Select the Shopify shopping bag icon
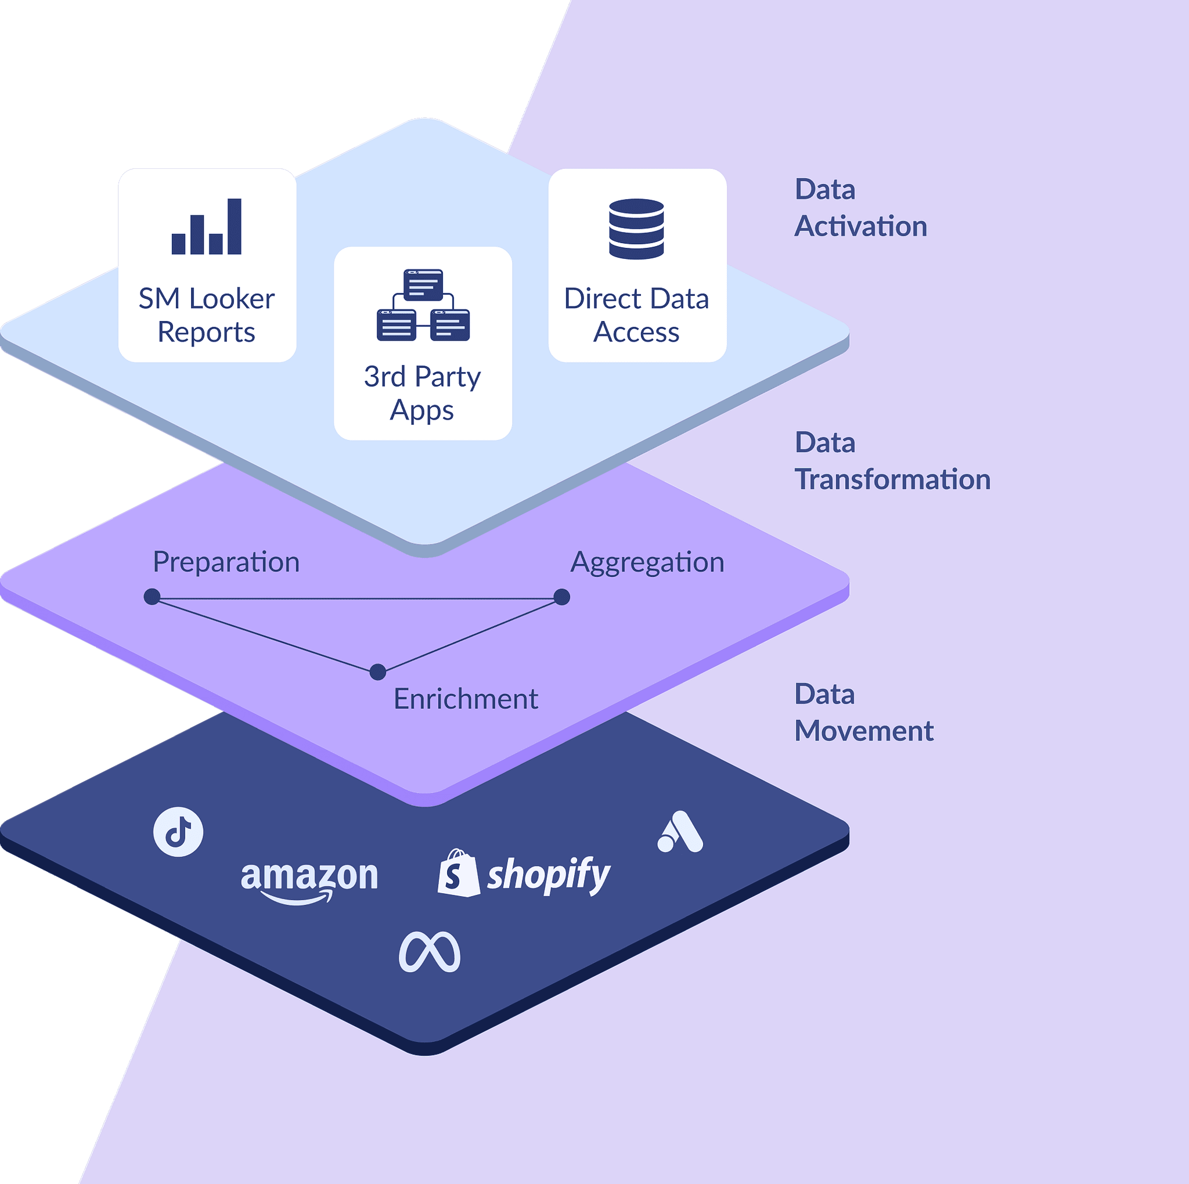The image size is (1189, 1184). point(459,873)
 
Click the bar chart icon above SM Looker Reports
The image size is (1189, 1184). point(207,226)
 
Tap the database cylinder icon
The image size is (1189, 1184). point(636,228)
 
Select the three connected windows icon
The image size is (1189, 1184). point(423,305)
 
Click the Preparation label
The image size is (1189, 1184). point(226,562)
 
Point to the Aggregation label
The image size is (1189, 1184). point(647,562)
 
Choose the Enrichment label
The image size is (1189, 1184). point(465,699)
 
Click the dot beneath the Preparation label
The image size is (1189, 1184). point(152,597)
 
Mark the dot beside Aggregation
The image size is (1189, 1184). point(561,597)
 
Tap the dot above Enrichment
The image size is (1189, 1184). point(378,672)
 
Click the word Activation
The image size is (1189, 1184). point(860,226)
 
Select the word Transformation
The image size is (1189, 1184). point(892,479)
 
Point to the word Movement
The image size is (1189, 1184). point(863,731)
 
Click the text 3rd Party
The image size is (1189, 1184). point(422,377)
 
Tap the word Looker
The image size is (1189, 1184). point(232,299)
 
